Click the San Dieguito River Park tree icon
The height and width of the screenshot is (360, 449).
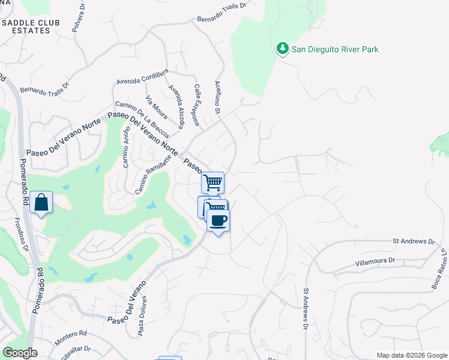tap(282, 49)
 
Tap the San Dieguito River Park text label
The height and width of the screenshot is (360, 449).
tap(335, 49)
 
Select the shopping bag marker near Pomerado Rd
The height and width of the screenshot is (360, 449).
tap(41, 202)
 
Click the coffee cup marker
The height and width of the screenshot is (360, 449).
tap(218, 220)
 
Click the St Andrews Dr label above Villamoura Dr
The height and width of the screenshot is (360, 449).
tap(414, 241)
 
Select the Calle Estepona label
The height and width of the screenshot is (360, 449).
tap(196, 104)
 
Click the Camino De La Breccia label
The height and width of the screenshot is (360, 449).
tap(142, 118)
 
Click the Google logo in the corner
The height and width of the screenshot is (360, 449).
tap(20, 353)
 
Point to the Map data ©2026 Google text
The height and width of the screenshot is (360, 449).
tap(412, 355)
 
